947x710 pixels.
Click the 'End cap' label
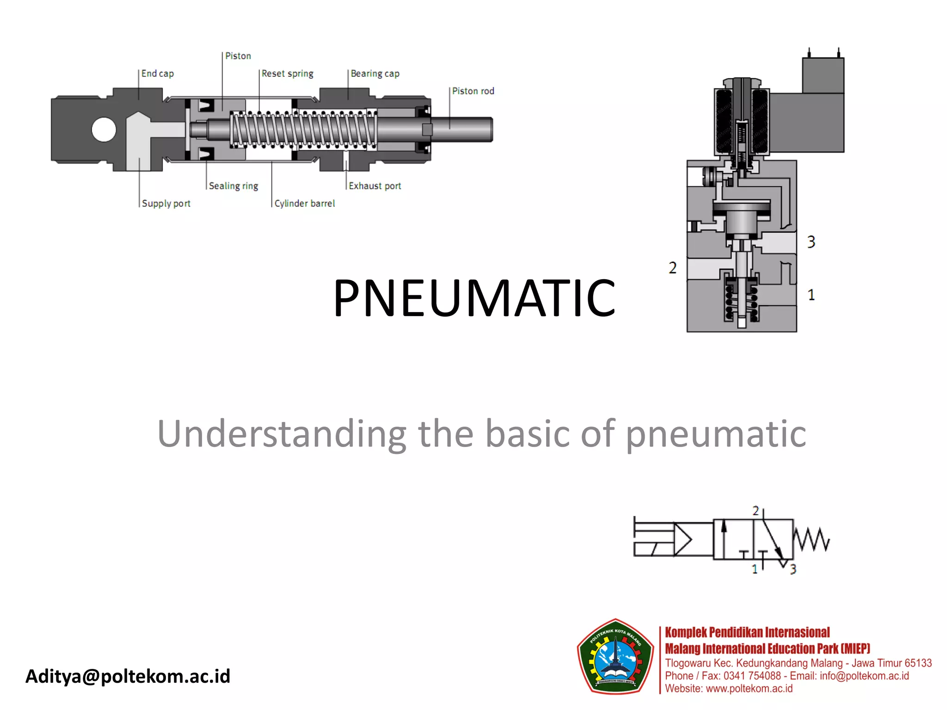[157, 73]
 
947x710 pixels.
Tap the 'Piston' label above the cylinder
[238, 56]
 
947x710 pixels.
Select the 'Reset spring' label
[287, 73]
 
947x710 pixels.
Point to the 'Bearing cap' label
[375, 73]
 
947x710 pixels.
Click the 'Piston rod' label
[473, 91]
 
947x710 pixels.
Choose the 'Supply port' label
[166, 203]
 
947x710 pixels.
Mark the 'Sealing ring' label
[233, 186]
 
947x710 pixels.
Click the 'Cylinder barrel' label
[304, 203]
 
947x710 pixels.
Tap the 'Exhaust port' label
[375, 186]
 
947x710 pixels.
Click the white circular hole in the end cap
[104, 129]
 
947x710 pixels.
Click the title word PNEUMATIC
[474, 298]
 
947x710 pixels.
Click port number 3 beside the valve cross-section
[811, 242]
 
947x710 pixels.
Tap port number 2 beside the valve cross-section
[672, 268]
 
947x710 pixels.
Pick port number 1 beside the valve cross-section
[811, 295]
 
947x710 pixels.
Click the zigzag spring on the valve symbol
[812, 539]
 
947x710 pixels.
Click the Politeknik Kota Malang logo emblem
[615, 657]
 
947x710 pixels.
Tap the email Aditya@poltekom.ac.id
[128, 676]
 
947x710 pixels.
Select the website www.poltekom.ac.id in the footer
[749, 689]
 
